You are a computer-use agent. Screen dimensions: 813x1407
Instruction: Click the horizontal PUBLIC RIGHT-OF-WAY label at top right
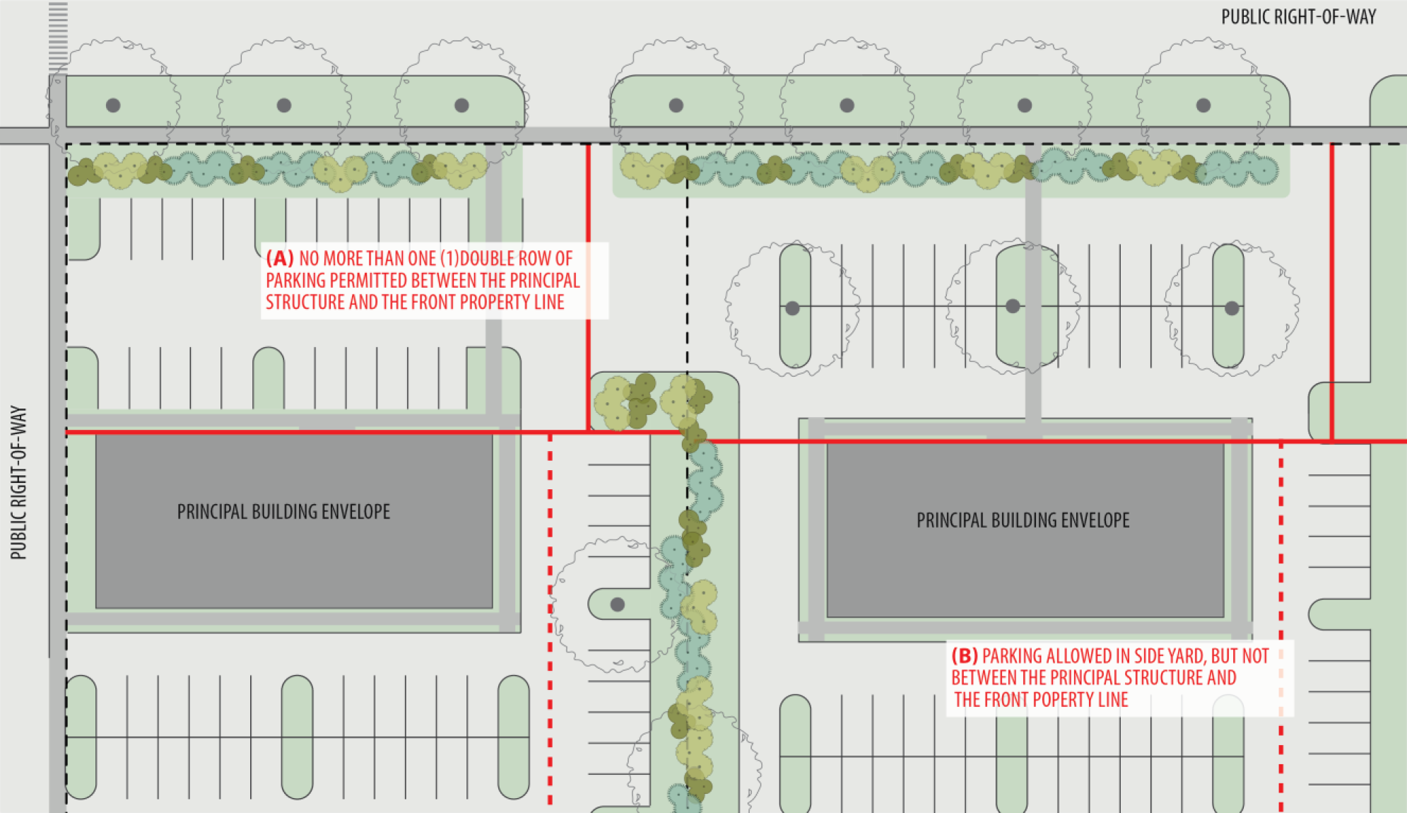(x=1298, y=17)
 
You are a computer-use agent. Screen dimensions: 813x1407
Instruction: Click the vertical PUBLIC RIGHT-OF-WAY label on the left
(x=18, y=483)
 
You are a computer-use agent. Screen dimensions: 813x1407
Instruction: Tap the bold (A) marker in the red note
(x=280, y=258)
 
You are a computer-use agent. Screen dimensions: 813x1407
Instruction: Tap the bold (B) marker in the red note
(x=965, y=656)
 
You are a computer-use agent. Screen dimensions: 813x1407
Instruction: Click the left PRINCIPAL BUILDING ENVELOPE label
(x=283, y=512)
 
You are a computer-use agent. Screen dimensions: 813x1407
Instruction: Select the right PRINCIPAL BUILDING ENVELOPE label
(x=1023, y=520)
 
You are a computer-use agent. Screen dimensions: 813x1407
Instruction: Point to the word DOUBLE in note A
(x=487, y=258)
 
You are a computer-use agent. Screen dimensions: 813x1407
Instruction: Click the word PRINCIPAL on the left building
(x=209, y=512)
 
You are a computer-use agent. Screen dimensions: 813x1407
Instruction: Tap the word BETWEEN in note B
(x=984, y=678)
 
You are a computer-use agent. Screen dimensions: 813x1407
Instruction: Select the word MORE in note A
(x=346, y=258)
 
